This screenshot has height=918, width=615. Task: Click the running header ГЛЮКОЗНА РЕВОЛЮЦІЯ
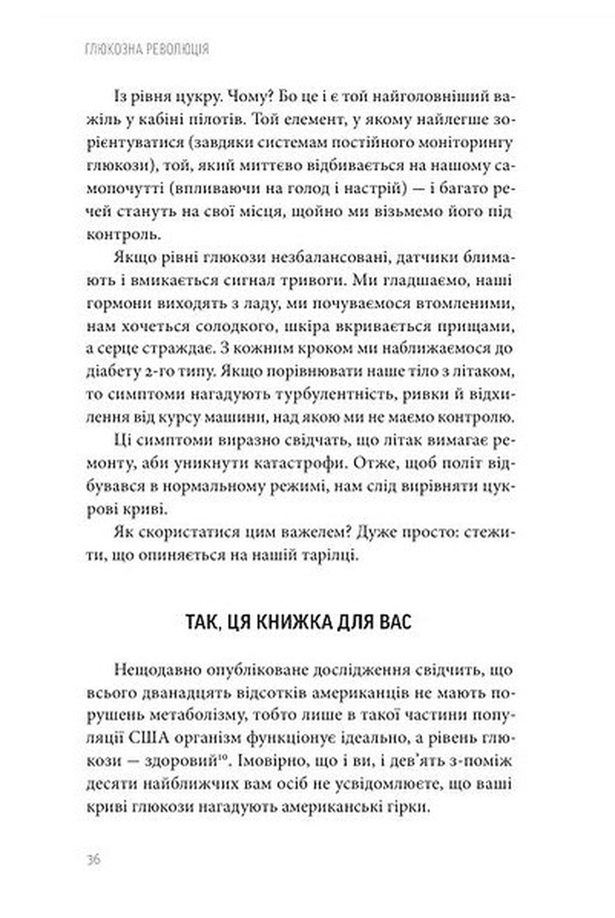[147, 49]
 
